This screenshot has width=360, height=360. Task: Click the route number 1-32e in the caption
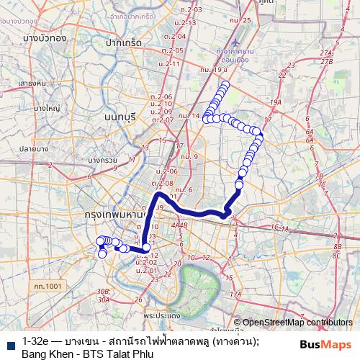point(35,341)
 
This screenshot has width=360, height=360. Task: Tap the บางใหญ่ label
point(44,108)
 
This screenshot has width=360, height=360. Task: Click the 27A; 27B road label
point(327,58)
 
